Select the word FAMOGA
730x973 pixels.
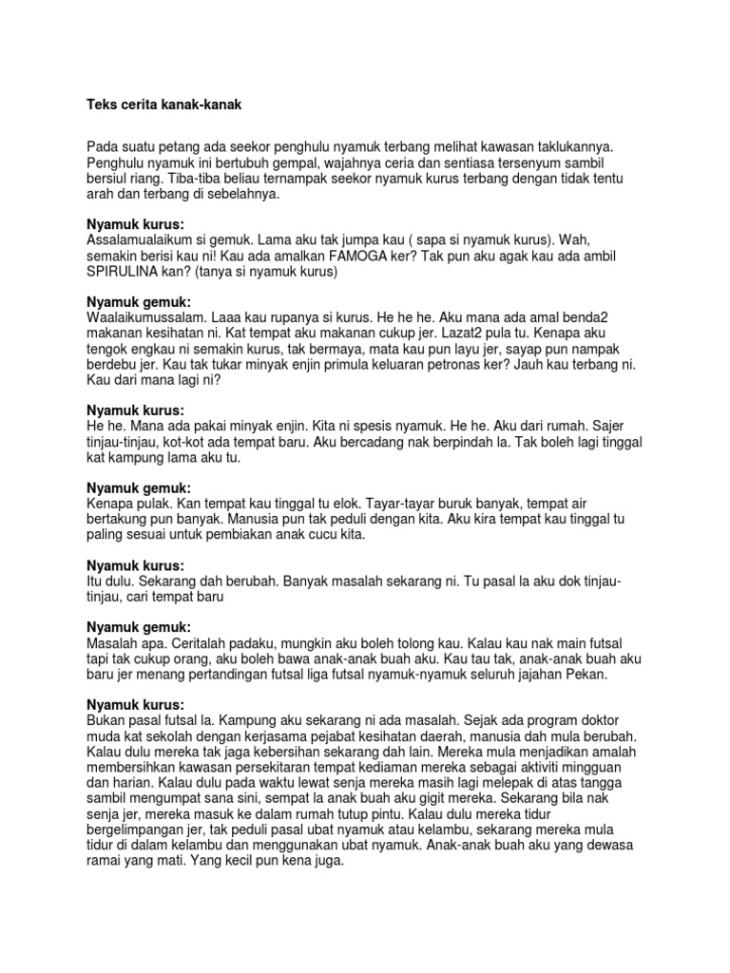click(359, 256)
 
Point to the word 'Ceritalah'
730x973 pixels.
click(178, 641)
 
